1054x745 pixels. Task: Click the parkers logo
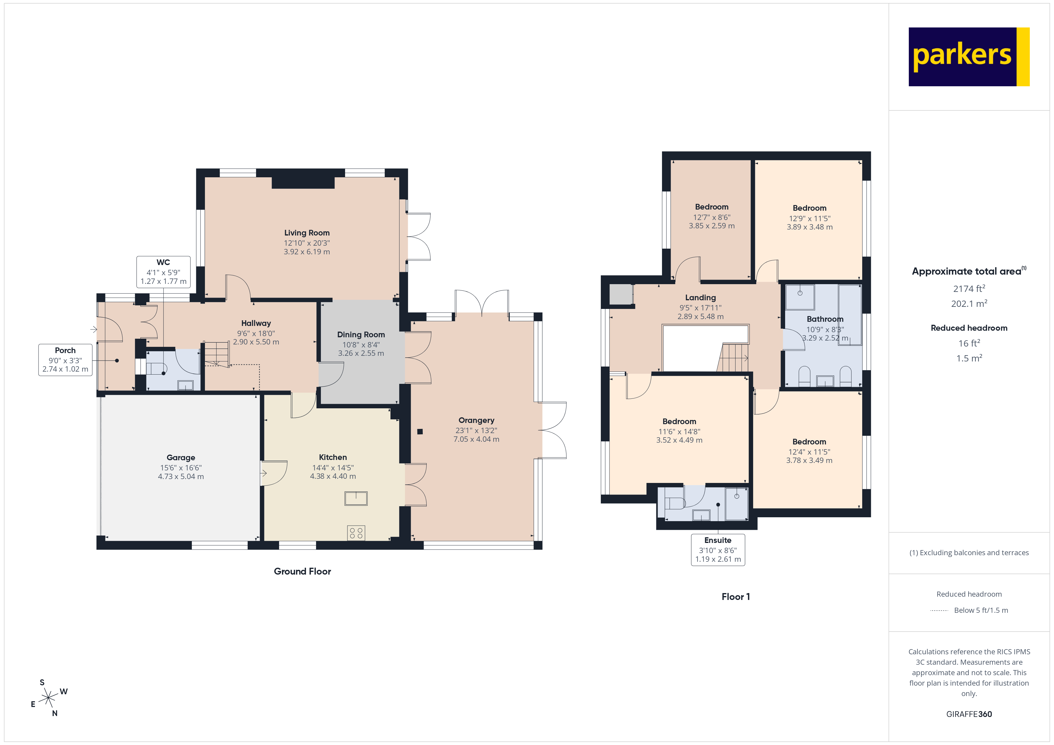coord(968,57)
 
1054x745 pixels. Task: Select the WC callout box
coord(163,272)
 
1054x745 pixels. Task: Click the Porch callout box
coord(65,360)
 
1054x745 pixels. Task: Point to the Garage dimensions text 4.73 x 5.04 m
coord(181,477)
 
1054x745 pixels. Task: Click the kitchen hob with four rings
coord(356,532)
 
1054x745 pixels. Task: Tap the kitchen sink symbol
coord(356,498)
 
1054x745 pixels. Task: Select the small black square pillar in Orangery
coord(419,432)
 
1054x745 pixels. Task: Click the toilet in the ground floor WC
coord(156,369)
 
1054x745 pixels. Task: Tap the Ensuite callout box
coord(718,549)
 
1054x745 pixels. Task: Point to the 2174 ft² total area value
coord(969,289)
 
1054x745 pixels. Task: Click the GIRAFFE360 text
coord(969,714)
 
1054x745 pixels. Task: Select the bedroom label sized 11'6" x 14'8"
coord(679,421)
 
